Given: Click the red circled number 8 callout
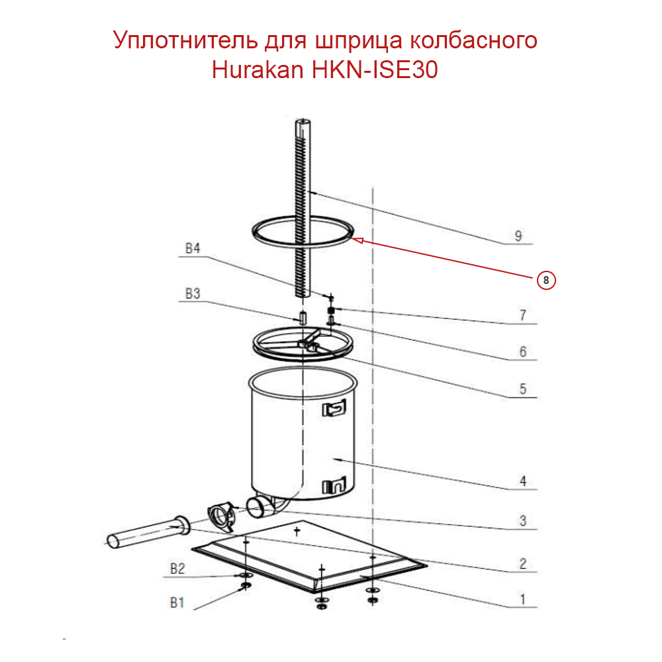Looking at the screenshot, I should coord(545,280).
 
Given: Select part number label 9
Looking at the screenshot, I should coord(518,236).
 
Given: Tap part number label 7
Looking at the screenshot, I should coord(522,315).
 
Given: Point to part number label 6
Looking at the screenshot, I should coord(522,352).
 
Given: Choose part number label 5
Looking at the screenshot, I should coord(522,389).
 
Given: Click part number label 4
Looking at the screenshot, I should coord(522,481).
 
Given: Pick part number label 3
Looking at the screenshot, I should coord(522,521).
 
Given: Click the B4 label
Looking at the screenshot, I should coord(193,249).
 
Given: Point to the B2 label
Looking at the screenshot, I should coord(177,568).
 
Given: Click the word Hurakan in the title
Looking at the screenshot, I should coord(258,70).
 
